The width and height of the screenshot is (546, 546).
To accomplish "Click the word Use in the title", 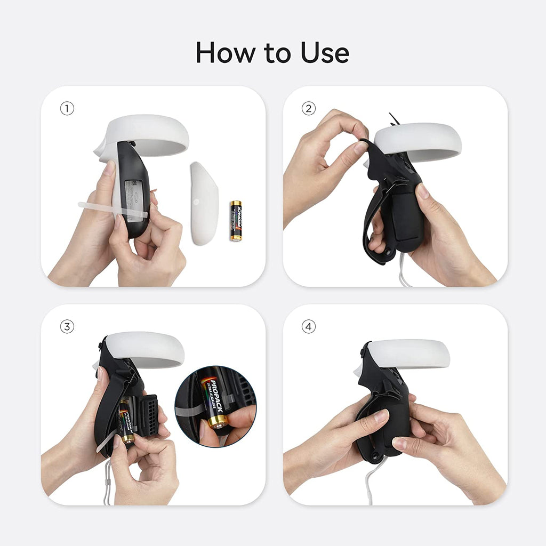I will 324,53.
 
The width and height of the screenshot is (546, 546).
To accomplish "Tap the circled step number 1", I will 67,109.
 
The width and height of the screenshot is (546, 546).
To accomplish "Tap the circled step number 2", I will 308,109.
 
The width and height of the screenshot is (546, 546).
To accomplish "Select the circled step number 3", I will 67,327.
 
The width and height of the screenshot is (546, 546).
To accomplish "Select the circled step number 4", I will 308,327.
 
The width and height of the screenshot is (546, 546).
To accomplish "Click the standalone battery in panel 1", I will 236,221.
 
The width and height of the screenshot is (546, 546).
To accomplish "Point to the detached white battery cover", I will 204,203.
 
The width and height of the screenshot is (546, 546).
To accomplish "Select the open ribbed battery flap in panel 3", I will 147,413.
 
